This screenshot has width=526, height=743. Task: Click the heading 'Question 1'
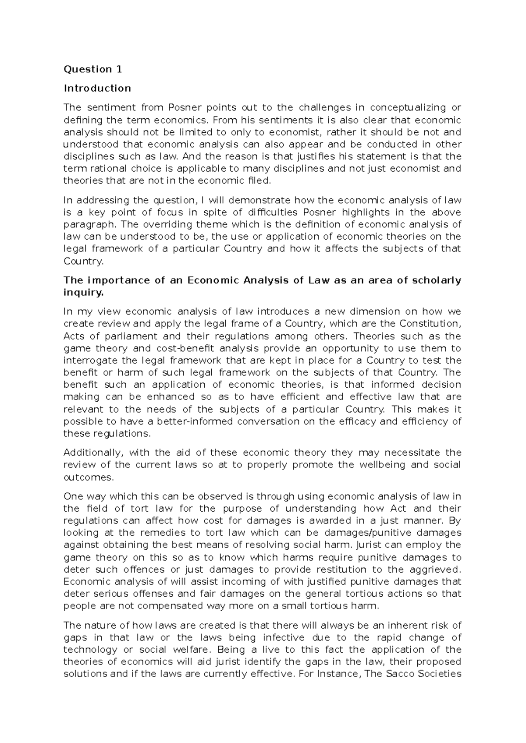pyautogui.click(x=93, y=69)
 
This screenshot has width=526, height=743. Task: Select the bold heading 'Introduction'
pyautogui.click(x=97, y=88)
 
